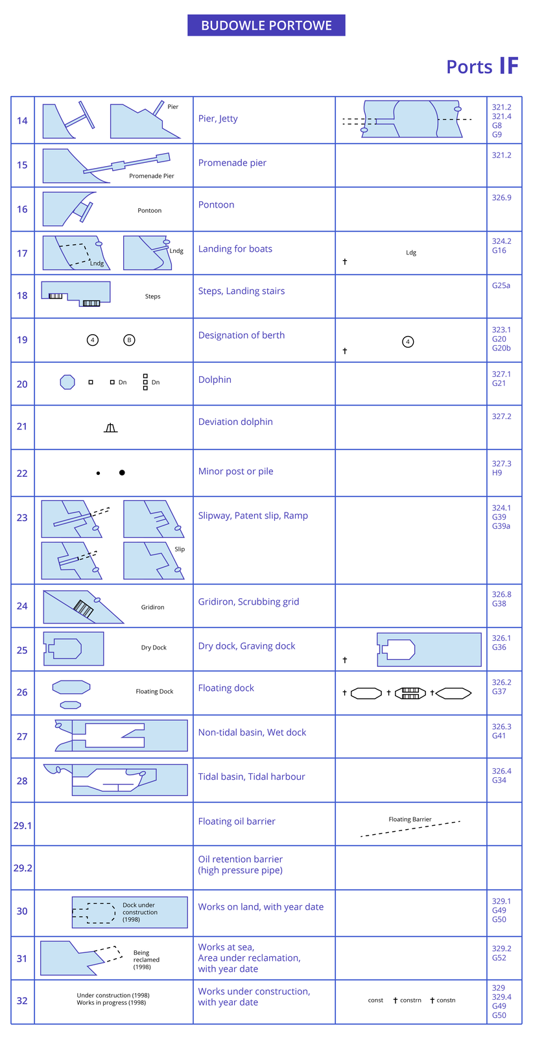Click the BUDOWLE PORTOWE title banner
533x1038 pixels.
(x=266, y=25)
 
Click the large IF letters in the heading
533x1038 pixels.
(x=509, y=66)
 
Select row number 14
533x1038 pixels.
(x=22, y=120)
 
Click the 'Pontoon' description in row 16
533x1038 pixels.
(x=216, y=204)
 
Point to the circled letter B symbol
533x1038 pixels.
(x=129, y=340)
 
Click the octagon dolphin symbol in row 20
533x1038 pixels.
(x=67, y=382)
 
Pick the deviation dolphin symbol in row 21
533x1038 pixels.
(x=111, y=428)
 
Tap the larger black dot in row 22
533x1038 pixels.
(x=122, y=473)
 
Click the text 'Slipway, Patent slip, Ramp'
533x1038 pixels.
(x=253, y=516)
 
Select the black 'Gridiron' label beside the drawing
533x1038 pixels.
(x=152, y=607)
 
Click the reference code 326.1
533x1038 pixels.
(x=501, y=638)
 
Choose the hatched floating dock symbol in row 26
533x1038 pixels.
(x=410, y=694)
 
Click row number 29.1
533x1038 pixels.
(x=22, y=825)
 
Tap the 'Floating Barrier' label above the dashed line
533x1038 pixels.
(x=410, y=819)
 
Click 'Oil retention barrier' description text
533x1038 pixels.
(x=240, y=859)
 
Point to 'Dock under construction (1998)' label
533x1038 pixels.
(x=140, y=912)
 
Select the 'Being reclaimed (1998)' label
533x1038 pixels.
(x=147, y=960)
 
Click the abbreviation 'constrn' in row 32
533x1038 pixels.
(x=410, y=1000)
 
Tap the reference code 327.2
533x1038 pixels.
(x=501, y=416)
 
